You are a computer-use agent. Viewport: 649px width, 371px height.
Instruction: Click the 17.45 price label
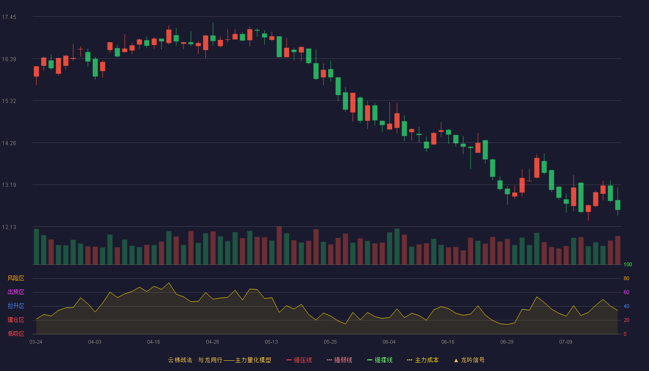tap(9, 17)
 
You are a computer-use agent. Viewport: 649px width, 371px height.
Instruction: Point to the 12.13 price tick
tap(9, 227)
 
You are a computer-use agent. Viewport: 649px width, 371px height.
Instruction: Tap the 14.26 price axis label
tap(9, 143)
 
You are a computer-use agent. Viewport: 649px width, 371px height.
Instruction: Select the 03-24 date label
tap(36, 342)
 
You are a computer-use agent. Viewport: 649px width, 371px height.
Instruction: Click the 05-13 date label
tap(271, 342)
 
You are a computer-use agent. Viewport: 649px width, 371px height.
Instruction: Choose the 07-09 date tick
tap(566, 342)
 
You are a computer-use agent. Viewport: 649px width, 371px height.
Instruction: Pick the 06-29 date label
tap(507, 342)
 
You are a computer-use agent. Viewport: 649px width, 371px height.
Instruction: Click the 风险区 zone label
tap(16, 278)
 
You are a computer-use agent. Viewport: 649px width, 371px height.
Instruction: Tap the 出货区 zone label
tap(16, 292)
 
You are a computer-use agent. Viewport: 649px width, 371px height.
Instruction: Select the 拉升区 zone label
tap(16, 306)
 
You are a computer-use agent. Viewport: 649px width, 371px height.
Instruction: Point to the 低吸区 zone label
tap(16, 333)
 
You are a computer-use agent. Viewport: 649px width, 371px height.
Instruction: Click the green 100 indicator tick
tap(628, 264)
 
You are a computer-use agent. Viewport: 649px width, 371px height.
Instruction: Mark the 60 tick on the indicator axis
tap(626, 292)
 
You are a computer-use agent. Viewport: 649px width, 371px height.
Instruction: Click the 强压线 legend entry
tap(299, 360)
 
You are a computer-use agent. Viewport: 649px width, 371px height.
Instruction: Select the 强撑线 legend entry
tap(380, 360)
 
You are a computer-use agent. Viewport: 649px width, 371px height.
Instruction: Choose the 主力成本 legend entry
tap(423, 360)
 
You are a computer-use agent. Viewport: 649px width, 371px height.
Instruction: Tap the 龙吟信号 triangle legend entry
tap(469, 360)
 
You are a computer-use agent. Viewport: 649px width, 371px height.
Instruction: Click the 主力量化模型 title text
tap(253, 360)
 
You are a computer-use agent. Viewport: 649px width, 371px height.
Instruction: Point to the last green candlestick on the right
tap(617, 205)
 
